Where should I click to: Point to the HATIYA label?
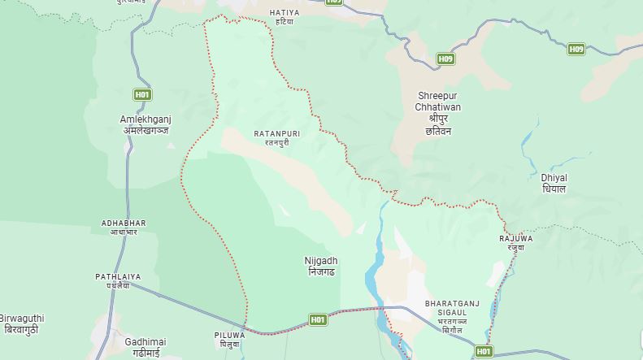click(284, 13)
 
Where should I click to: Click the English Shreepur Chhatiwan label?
click(438, 101)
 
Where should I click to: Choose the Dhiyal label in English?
click(554, 177)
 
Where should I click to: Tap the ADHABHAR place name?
click(124, 223)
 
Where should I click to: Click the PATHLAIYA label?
click(118, 276)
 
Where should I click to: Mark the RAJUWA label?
click(516, 238)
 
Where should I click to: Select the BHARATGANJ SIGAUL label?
click(446, 307)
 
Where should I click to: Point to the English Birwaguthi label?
click(22, 318)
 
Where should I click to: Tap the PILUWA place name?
click(229, 335)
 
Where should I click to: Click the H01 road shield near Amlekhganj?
click(142, 94)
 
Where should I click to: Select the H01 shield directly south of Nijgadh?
click(318, 320)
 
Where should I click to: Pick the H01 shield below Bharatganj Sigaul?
click(483, 351)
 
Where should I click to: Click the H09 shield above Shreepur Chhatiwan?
click(445, 59)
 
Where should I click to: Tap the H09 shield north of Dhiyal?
click(576, 50)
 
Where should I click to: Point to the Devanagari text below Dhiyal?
click(554, 189)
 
